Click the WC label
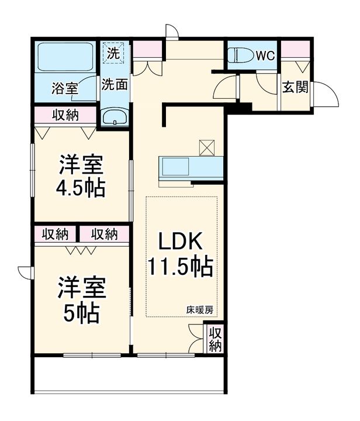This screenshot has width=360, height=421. click(265, 56)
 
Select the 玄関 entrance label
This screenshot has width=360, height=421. click(295, 87)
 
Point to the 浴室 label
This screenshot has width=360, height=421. click(65, 88)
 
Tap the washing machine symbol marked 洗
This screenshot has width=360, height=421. click(113, 53)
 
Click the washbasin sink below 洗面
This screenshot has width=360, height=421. click(115, 117)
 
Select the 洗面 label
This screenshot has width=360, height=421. click(115, 84)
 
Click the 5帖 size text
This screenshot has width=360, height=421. click(81, 313)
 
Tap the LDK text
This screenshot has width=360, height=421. click(180, 240)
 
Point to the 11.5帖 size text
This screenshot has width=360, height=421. click(181, 267)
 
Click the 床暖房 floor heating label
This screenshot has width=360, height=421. click(200, 310)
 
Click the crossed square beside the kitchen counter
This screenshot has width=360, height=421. click(207, 148)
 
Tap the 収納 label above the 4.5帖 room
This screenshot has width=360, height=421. click(65, 115)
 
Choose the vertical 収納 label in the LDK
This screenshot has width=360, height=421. click(215, 339)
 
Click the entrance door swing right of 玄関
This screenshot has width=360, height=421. click(326, 94)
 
